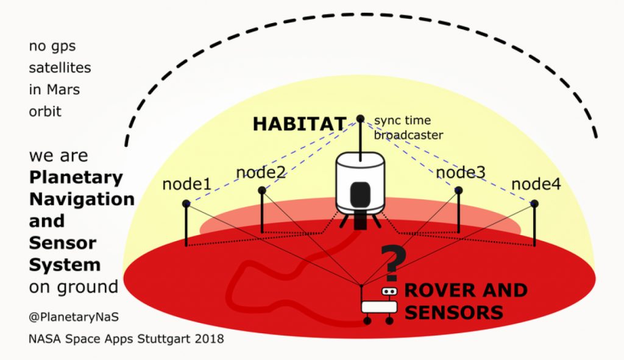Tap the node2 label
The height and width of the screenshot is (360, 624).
point(261,173)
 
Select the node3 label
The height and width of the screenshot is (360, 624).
point(461,173)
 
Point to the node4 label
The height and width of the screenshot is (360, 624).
point(536,184)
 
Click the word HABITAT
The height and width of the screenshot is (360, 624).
point(299,124)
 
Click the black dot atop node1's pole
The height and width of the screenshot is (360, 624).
point(186,203)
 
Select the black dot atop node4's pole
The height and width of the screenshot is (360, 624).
point(534,203)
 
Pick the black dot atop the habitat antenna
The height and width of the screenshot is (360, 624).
point(360,118)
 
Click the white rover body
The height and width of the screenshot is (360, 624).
point(379,306)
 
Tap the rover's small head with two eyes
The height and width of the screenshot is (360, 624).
point(389,292)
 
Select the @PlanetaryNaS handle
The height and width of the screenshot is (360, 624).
point(64,317)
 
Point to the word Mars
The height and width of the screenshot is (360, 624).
point(63,90)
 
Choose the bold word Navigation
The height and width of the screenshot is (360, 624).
point(82,199)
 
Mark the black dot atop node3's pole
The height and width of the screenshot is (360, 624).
point(458,191)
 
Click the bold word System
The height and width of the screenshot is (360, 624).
point(65,265)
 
